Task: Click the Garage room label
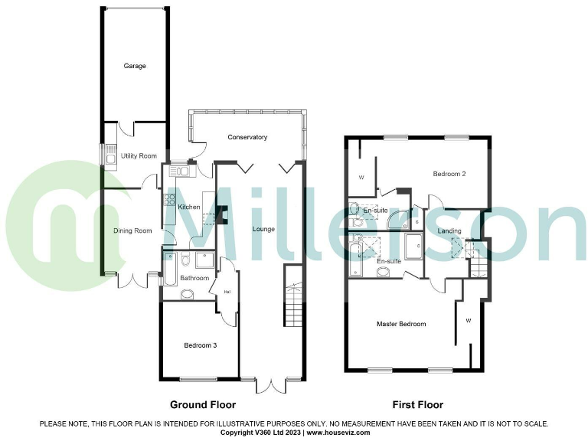click(x=135, y=67)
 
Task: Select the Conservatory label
click(x=247, y=138)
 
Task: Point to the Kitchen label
click(x=188, y=207)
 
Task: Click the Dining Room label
click(x=133, y=230)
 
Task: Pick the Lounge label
click(x=263, y=229)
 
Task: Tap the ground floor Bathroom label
click(x=194, y=278)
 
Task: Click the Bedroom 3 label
click(x=201, y=346)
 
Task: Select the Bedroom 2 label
click(x=449, y=175)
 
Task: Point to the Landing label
click(x=449, y=231)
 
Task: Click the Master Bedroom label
click(x=401, y=325)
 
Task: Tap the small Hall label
click(x=227, y=291)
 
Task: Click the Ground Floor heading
click(x=202, y=405)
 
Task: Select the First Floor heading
click(x=416, y=405)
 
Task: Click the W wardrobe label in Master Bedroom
click(x=468, y=321)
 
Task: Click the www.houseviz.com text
click(x=341, y=433)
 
